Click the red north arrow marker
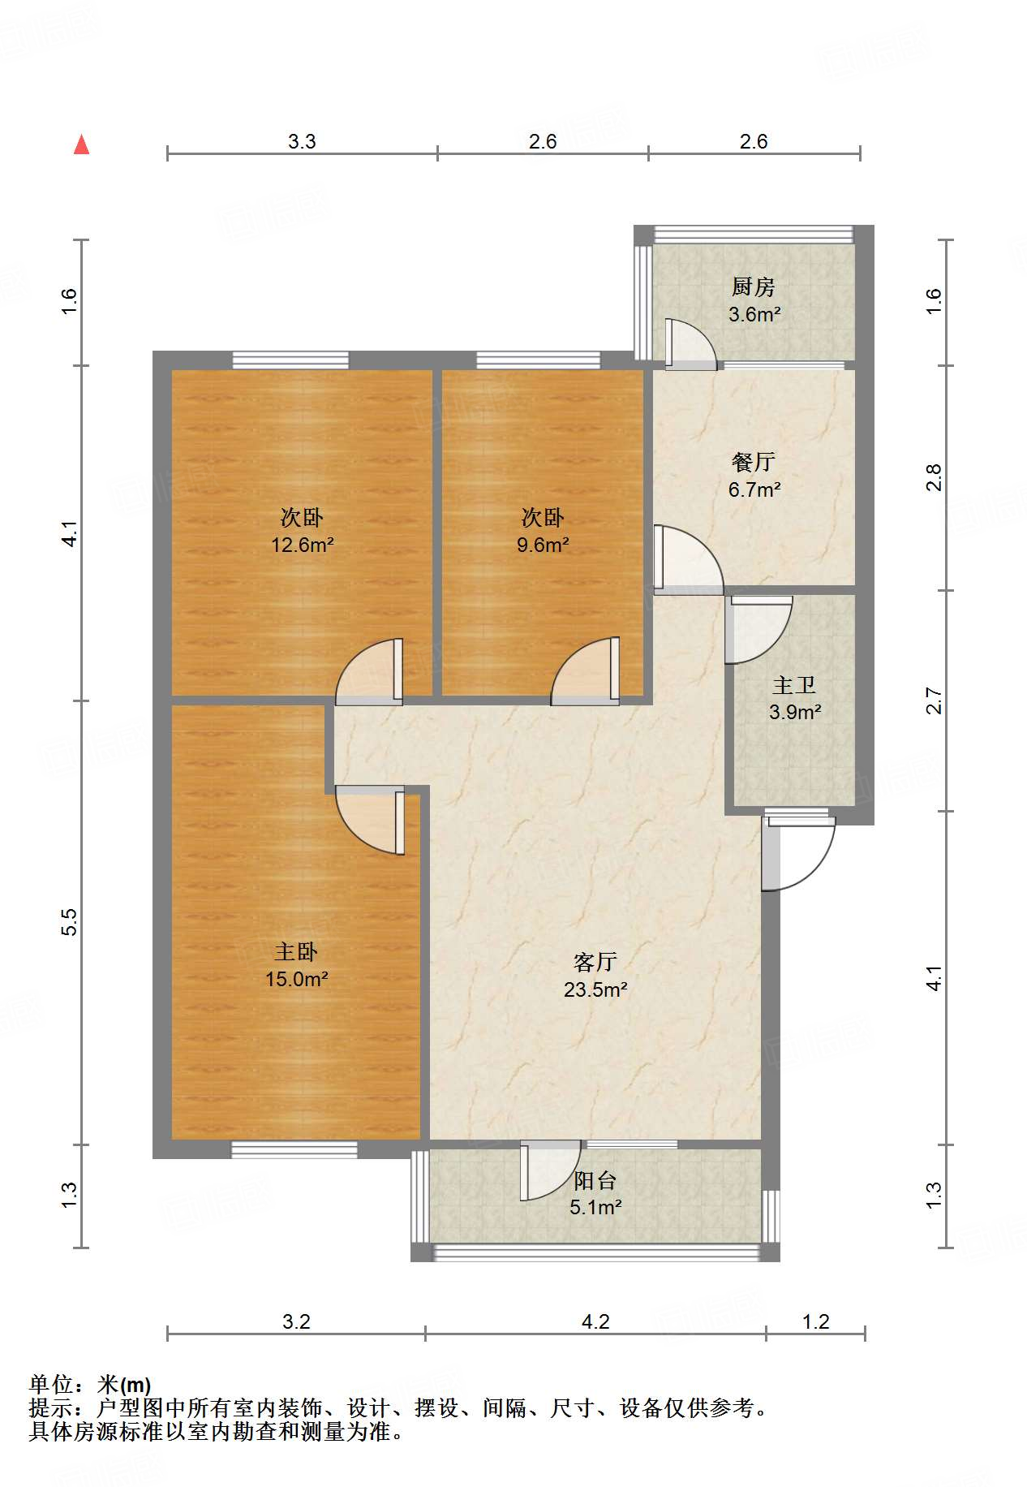pyautogui.click(x=81, y=144)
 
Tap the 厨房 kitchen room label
pyautogui.click(x=753, y=287)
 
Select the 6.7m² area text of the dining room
pyautogui.click(x=754, y=489)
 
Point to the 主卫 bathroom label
pyautogui.click(x=794, y=686)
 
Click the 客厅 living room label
pyautogui.click(x=595, y=962)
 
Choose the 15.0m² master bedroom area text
pyautogui.click(x=297, y=979)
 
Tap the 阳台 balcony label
pyautogui.click(x=595, y=1181)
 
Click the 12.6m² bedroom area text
pyautogui.click(x=303, y=545)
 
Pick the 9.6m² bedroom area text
pyautogui.click(x=543, y=545)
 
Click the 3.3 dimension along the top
pyautogui.click(x=302, y=142)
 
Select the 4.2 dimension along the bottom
pyautogui.click(x=595, y=1322)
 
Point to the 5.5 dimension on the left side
pyautogui.click(x=70, y=922)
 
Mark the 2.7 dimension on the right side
pyautogui.click(x=935, y=700)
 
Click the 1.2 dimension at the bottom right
pyautogui.click(x=816, y=1322)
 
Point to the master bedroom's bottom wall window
pyautogui.click(x=294, y=1149)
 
